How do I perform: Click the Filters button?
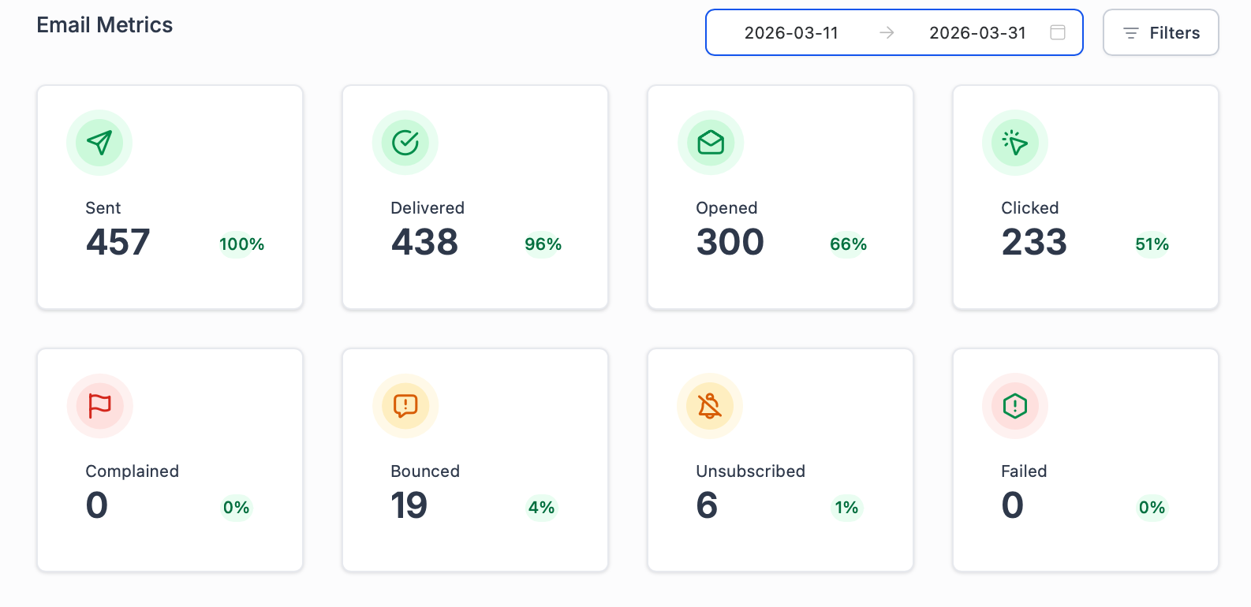pos(1160,32)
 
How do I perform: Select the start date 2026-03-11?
pos(791,33)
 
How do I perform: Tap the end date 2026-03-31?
pos(977,33)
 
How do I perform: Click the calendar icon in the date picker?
pos(1058,32)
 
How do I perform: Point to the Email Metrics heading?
pos(105,25)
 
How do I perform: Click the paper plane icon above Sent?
pos(99,143)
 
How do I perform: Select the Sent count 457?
pos(118,242)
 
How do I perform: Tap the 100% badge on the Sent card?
pos(241,244)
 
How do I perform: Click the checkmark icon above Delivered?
pos(405,143)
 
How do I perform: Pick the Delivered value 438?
pos(424,242)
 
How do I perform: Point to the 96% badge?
pos(543,244)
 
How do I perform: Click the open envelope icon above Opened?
pos(711,143)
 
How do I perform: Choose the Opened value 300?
pos(730,242)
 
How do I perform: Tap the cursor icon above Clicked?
pos(1015,143)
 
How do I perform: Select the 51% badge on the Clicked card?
pos(1152,244)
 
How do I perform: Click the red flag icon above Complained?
pos(100,406)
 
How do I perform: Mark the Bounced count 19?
pos(409,505)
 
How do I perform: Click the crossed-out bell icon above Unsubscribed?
pos(710,406)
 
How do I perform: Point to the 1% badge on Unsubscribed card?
pos(846,508)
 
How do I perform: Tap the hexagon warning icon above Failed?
pos(1015,406)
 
